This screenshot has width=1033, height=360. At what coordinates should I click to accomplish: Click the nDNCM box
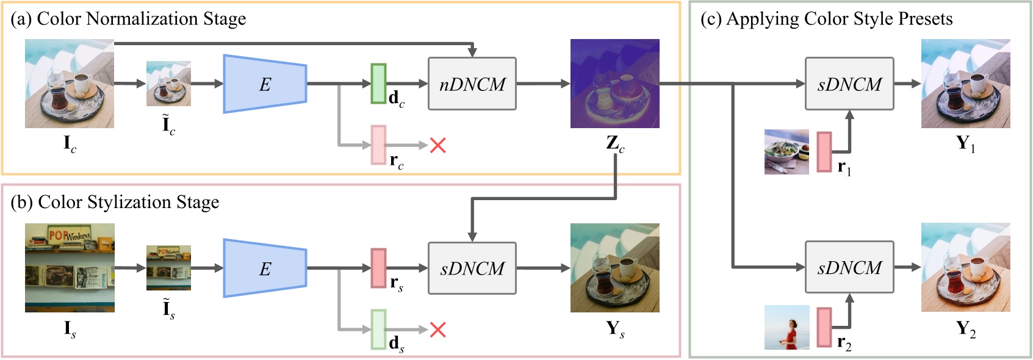click(472, 84)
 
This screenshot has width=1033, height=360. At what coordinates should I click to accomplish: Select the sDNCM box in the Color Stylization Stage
click(472, 268)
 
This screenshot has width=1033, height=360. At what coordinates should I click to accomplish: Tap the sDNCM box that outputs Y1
click(849, 84)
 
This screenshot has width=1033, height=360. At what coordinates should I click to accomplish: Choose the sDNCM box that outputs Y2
click(849, 267)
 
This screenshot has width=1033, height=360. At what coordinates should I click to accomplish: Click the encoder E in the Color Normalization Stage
click(264, 84)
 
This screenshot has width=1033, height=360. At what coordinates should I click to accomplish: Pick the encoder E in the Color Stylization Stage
click(264, 268)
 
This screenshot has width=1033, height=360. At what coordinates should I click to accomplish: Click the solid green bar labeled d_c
click(378, 84)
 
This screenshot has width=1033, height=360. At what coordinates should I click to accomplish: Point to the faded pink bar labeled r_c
click(378, 145)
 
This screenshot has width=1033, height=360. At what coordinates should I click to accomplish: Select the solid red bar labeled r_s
click(378, 268)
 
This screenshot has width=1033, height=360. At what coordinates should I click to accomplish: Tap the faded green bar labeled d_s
click(378, 329)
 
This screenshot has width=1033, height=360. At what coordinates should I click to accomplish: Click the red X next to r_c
click(438, 145)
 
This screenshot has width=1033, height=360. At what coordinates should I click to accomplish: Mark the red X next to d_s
click(438, 330)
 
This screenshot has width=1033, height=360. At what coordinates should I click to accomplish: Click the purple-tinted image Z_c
click(614, 84)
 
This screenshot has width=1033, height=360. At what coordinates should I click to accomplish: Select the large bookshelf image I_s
click(70, 268)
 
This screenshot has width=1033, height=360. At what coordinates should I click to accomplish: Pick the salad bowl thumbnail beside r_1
click(786, 152)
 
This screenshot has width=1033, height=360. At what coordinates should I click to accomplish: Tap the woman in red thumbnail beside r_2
click(786, 327)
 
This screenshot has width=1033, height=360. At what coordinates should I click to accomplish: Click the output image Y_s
click(614, 268)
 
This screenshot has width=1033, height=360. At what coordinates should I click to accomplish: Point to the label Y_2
click(965, 329)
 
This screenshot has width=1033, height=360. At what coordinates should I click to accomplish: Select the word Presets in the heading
click(925, 19)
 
